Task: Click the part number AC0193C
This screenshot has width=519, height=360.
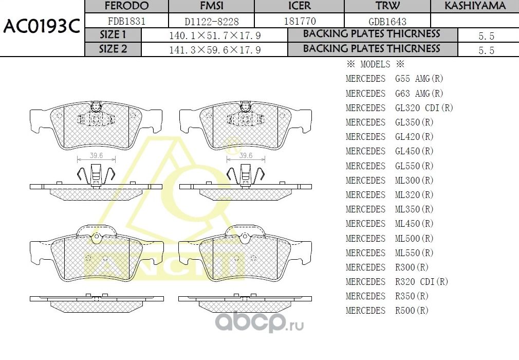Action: tap(41, 27)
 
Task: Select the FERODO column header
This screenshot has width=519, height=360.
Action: tap(126, 6)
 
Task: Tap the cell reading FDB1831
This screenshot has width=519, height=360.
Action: tap(126, 21)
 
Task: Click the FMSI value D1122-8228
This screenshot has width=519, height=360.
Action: tap(212, 21)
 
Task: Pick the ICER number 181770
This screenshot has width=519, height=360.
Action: tap(300, 21)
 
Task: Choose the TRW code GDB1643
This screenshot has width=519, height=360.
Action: tap(387, 21)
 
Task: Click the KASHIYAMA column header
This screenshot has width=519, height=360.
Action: tap(475, 6)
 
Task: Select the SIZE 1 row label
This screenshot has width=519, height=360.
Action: tap(113, 35)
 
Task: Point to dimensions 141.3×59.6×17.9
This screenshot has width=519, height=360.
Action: tap(215, 50)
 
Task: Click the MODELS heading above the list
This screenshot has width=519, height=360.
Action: tap(375, 65)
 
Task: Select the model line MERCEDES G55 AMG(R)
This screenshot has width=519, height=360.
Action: tap(394, 79)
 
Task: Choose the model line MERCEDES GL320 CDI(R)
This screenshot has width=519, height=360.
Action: tap(399, 108)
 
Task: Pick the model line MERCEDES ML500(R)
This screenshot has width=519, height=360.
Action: tap(390, 238)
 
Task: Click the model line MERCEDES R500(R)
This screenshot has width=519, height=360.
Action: tap(387, 311)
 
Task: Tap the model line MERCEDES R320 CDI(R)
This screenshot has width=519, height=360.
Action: tap(397, 282)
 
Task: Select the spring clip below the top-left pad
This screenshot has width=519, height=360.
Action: tap(96, 175)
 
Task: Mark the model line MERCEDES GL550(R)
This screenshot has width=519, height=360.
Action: tap(390, 166)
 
